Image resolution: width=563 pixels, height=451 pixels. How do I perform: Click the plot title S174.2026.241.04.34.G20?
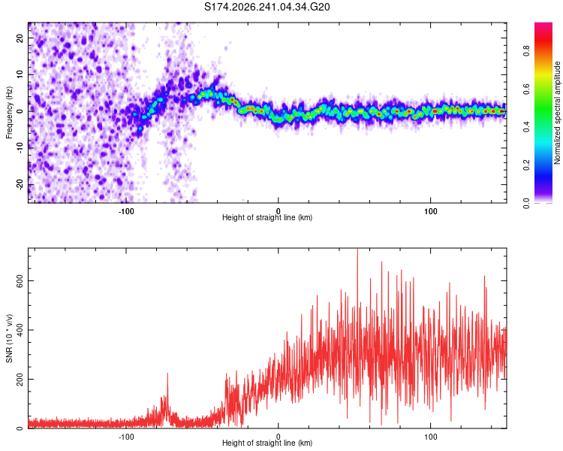[x=266, y=7]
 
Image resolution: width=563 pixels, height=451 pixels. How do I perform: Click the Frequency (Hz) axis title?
[x=9, y=113]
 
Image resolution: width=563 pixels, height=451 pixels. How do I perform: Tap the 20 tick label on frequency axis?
[x=20, y=38]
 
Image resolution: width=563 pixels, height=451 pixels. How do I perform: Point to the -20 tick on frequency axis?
[x=20, y=185]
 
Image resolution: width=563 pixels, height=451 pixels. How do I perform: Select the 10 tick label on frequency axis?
[x=20, y=74]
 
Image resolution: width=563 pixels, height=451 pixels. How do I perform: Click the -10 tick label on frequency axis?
[x=20, y=148]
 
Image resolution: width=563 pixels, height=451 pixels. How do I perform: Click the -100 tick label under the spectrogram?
[x=125, y=211]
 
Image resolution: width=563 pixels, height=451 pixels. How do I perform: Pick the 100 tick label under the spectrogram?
[x=431, y=211]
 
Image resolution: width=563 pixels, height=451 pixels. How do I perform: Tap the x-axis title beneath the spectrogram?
[x=267, y=217]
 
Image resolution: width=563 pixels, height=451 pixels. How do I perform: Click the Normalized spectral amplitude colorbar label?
[x=557, y=113]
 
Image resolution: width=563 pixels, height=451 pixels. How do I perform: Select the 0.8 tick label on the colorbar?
[x=526, y=50]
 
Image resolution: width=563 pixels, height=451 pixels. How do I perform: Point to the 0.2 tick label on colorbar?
[x=526, y=165]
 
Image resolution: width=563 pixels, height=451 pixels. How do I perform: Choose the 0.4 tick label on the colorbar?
[x=526, y=126]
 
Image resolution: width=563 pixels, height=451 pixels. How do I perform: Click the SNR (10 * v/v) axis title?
[x=9, y=338]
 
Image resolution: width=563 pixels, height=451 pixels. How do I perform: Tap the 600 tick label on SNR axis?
[x=20, y=281]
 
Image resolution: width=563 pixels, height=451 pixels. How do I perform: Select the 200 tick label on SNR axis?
[x=20, y=379]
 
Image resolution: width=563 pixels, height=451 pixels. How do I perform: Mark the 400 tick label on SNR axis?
[x=20, y=330]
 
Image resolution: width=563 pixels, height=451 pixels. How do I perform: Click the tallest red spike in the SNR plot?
[x=357, y=251]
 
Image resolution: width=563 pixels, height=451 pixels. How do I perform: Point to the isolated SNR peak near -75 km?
[x=167, y=375]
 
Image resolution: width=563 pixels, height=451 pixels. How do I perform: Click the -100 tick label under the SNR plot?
[x=125, y=437]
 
